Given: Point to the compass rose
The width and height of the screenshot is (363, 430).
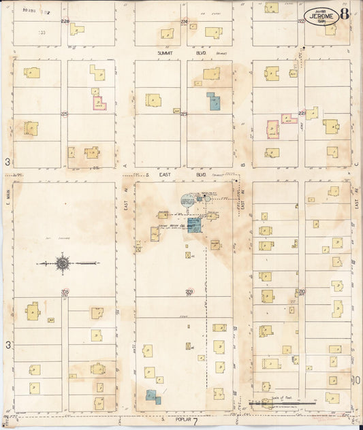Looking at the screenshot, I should tap(62, 262).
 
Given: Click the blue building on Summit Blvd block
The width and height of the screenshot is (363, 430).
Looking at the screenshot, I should tap(214, 101).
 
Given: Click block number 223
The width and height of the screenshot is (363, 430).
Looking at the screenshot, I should tap(183, 114).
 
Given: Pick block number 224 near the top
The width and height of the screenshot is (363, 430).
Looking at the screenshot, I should tap(183, 22).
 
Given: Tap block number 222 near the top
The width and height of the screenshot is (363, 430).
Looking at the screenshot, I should tap(301, 22).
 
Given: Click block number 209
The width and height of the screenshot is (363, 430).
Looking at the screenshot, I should tap(189, 292).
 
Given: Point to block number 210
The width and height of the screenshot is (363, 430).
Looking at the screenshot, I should tap(301, 292).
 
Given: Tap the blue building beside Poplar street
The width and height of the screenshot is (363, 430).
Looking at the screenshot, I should tap(153, 396).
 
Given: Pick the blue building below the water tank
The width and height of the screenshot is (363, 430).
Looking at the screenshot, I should tap(194, 225).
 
